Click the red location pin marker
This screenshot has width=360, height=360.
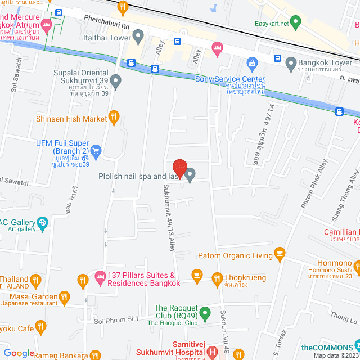[179, 168]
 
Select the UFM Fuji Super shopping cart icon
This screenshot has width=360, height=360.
[96, 150]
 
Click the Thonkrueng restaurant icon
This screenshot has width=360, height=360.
[217, 277]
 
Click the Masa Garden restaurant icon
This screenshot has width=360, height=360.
[65, 296]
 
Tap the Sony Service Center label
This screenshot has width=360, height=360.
[229, 79]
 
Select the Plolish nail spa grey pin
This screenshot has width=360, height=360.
[190, 175]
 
